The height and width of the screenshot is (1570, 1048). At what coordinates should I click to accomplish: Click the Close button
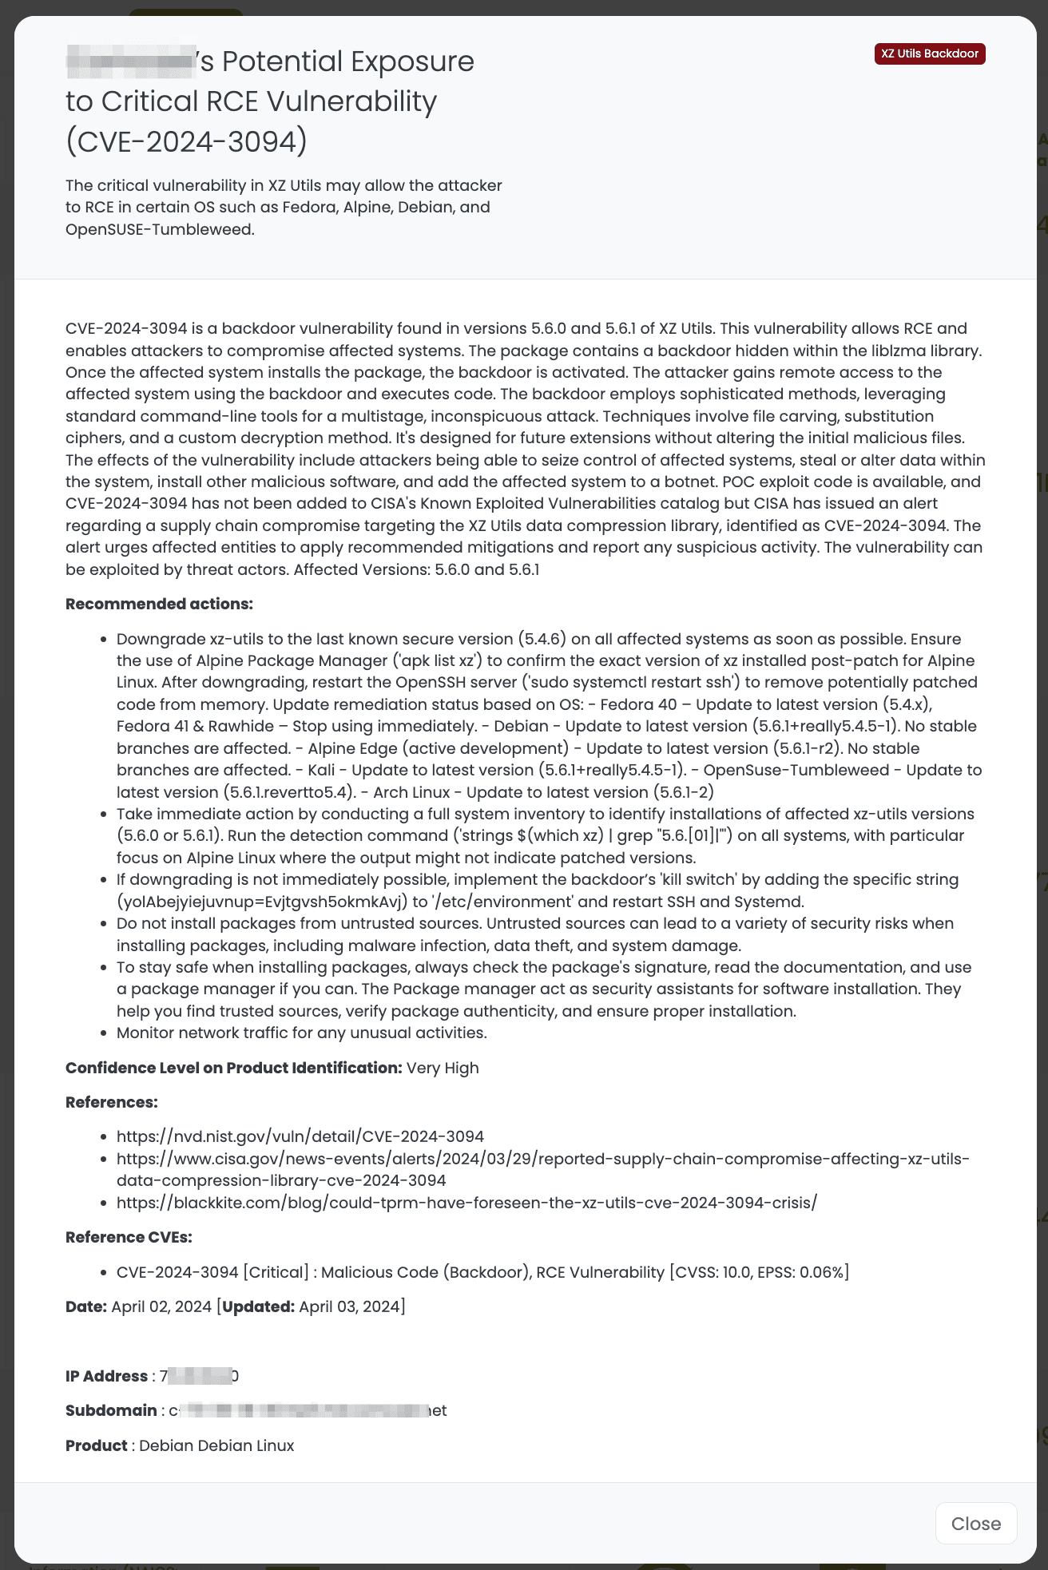pos(975,1524)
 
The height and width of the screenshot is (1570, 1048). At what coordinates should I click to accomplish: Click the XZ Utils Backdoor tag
pos(930,54)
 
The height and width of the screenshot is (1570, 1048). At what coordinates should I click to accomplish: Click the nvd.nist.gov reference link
pos(300,1136)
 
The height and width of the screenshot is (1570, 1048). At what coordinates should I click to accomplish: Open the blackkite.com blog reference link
pos(466,1203)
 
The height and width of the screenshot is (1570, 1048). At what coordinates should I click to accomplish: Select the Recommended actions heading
pos(159,604)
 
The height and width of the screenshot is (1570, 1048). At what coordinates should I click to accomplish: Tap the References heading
pos(111,1102)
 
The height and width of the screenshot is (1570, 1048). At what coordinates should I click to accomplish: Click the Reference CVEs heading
pos(129,1237)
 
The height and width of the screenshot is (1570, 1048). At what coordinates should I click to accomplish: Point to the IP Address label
pos(106,1376)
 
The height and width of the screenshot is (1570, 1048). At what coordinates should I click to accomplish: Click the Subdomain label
pos(111,1410)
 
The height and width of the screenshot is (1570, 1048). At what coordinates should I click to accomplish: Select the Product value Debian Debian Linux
pos(216,1445)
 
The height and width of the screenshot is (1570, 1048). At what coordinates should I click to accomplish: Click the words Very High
pos(443,1068)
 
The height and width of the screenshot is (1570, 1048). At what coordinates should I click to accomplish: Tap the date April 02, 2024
pos(161,1306)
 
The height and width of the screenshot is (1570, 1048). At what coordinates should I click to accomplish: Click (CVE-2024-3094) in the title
pos(186,141)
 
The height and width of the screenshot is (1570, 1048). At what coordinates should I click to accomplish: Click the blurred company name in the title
pos(131,62)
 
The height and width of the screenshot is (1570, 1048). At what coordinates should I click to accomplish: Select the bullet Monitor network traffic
pos(301,1033)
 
